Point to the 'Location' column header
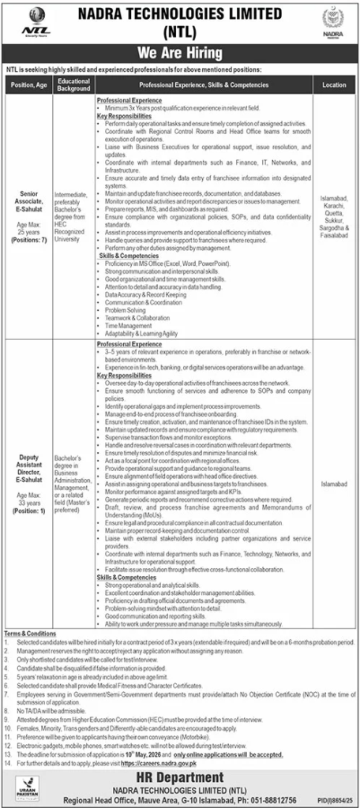pos(334,84)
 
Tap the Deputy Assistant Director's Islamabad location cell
pos(334,477)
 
